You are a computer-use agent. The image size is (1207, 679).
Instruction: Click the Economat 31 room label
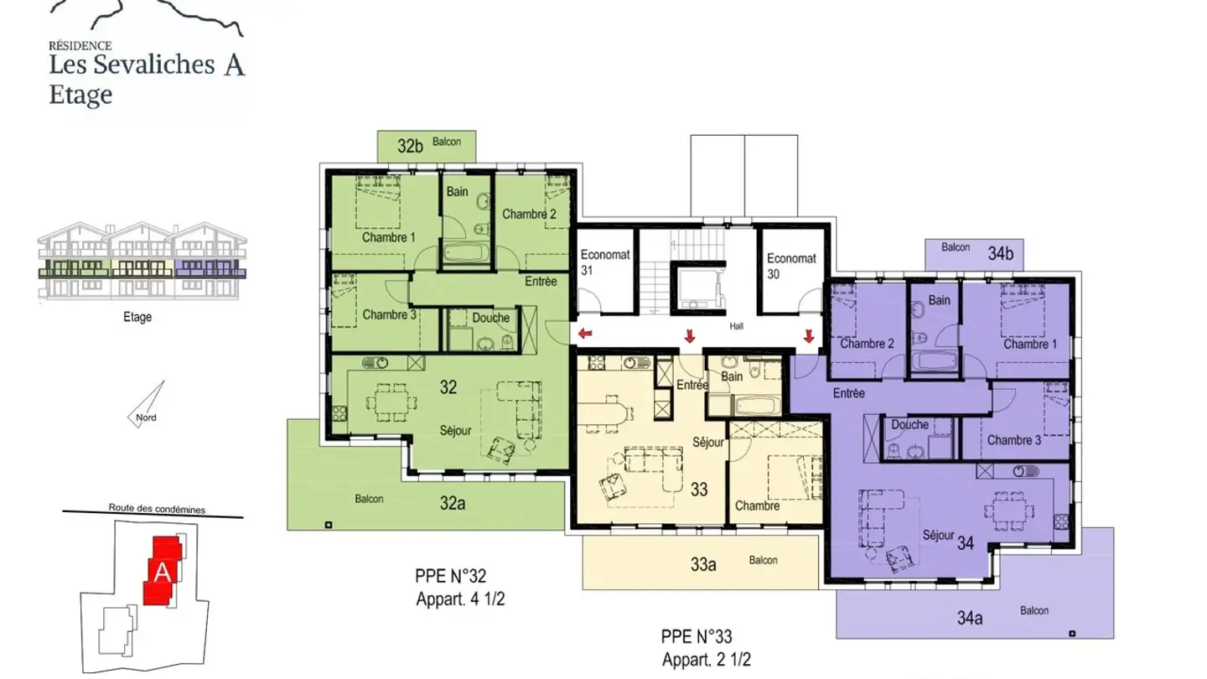tap(604, 262)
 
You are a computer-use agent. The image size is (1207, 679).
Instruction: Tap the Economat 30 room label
tap(791, 267)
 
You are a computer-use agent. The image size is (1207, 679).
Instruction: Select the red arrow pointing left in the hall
tap(585, 334)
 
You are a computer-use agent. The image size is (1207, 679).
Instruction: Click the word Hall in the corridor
tap(736, 326)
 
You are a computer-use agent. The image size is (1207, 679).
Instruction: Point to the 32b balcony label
tap(410, 146)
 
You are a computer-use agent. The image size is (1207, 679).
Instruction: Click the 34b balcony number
tap(1000, 253)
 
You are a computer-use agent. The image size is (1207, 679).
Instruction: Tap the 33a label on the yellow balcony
tap(703, 564)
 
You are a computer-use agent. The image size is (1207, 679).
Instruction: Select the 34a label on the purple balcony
tap(969, 618)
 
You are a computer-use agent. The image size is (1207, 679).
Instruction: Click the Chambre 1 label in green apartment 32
tap(389, 237)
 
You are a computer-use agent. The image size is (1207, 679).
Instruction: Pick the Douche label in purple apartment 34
tap(909, 425)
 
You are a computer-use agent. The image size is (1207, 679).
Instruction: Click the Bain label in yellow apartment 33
tap(732, 376)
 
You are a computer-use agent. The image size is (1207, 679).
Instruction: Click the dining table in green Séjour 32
tap(391, 402)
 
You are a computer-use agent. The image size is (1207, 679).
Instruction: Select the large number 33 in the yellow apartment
tap(699, 490)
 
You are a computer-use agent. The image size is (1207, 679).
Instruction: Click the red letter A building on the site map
tap(163, 570)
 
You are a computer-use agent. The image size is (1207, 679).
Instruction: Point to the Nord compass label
tap(146, 417)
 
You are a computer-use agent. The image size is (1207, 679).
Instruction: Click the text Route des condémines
tap(157, 509)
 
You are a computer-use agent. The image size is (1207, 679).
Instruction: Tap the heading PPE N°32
tap(450, 576)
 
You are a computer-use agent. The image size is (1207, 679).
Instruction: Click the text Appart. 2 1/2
tap(707, 659)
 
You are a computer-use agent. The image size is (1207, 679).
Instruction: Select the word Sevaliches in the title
tap(154, 65)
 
